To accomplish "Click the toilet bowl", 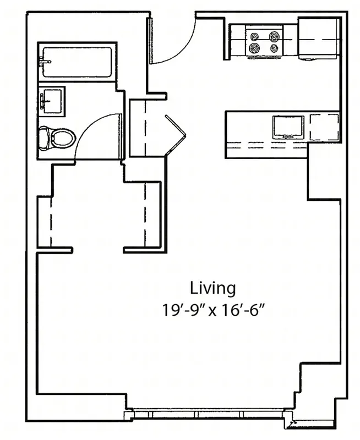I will click(62, 137).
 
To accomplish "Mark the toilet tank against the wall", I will click(43, 137).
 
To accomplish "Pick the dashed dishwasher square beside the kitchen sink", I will click(323, 128).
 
